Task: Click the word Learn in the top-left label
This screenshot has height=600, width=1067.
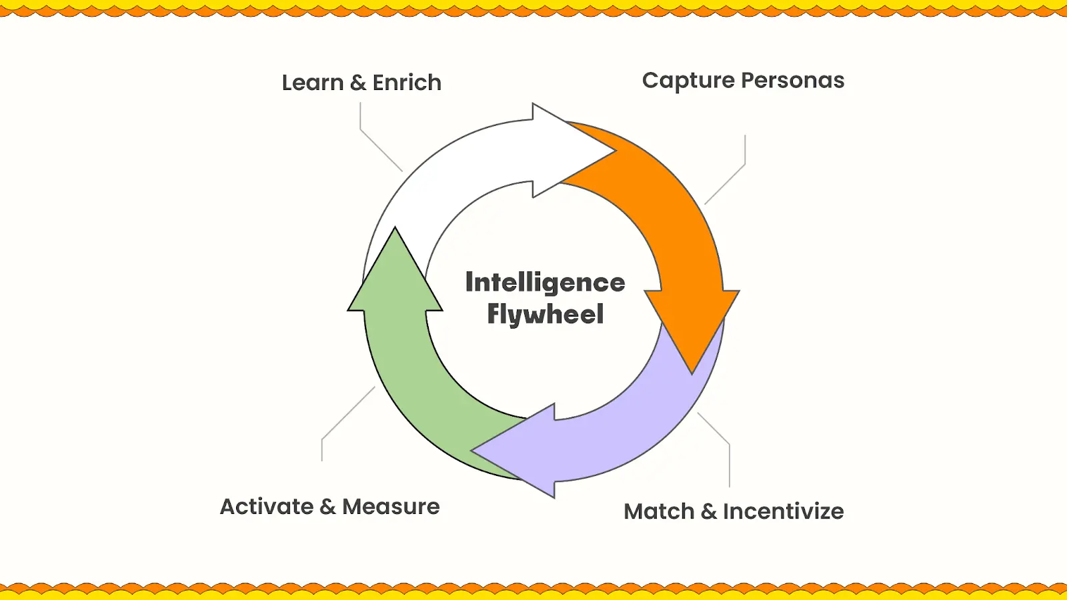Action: point(313,83)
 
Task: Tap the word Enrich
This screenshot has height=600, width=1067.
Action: point(407,83)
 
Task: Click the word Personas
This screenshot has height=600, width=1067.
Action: point(793,81)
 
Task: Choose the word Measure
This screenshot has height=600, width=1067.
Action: point(391,507)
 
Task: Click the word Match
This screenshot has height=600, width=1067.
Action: point(659,512)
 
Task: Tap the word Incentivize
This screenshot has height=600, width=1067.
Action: point(783,512)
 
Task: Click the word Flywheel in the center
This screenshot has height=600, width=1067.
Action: point(546,314)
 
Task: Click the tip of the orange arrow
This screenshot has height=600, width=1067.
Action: point(692,373)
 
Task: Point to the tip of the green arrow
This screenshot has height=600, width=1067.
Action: point(395,227)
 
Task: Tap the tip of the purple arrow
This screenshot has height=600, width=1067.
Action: point(471,451)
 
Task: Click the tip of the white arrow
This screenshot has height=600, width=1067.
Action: point(616,151)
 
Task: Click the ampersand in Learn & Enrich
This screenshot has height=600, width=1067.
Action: point(358,83)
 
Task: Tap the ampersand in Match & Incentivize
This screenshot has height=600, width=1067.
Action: point(709,512)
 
